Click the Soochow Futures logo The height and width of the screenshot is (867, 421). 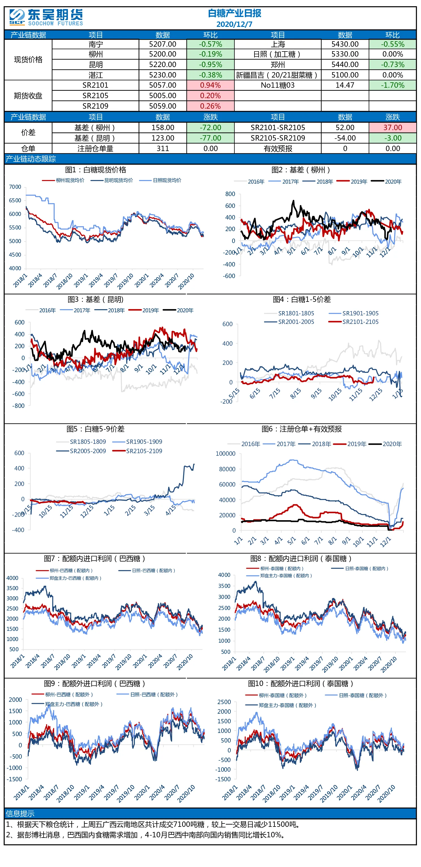[46, 18]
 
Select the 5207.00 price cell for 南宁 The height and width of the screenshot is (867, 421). [163, 44]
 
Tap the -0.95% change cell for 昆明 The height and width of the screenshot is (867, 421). [210, 64]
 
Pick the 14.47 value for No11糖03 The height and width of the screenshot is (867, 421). [345, 85]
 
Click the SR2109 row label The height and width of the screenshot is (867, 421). [95, 106]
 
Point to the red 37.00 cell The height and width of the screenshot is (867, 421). [392, 128]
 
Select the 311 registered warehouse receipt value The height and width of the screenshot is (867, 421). [163, 149]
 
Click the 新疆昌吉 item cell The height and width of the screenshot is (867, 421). [278, 75]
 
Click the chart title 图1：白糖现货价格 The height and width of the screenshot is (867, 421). [96, 170]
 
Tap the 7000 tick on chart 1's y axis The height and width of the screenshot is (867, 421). [15, 187]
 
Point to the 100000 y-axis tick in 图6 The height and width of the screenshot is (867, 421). [225, 454]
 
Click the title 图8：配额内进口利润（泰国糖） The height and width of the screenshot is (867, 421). [301, 559]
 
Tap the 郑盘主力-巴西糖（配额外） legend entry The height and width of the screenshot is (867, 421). [67, 704]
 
